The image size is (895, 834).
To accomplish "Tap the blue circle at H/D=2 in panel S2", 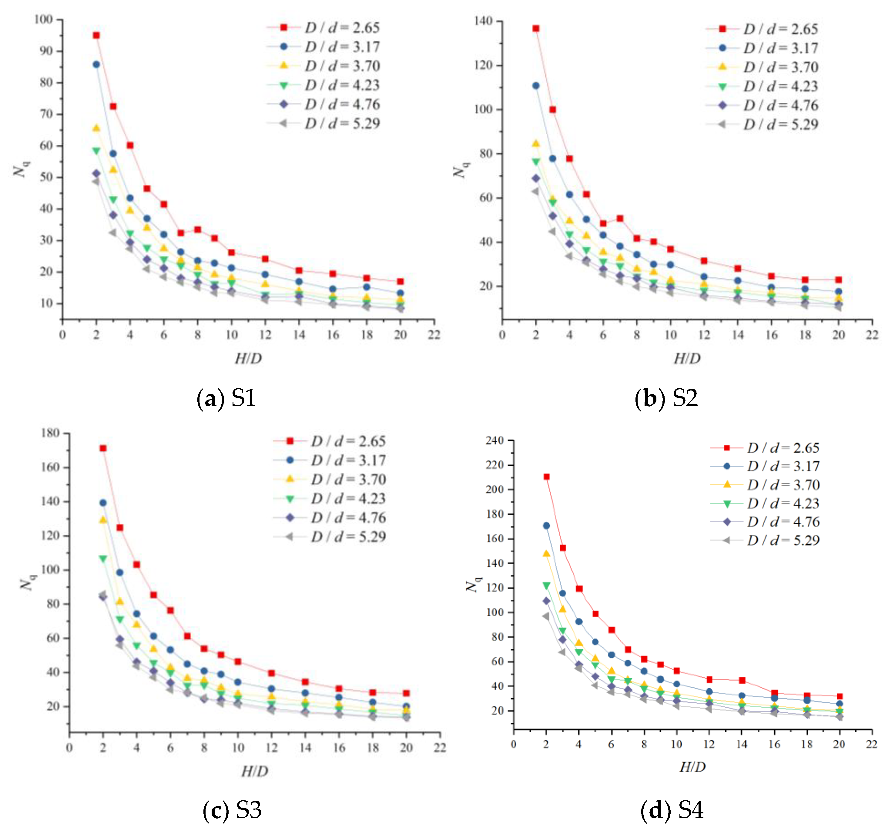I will (x=536, y=85).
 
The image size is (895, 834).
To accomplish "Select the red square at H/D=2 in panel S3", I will (x=103, y=448).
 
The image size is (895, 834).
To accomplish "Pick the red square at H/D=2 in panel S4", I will (x=546, y=477).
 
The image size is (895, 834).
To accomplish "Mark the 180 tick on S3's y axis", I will (x=50, y=433).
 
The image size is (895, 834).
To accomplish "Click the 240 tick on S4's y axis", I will (x=494, y=440).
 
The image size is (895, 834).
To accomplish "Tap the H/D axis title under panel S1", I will (x=248, y=359).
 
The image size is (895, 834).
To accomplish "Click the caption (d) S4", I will (x=671, y=811).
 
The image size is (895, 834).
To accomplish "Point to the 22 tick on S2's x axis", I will (x=872, y=335).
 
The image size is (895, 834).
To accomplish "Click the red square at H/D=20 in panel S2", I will (x=838, y=280).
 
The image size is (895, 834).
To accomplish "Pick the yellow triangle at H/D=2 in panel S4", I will (x=546, y=554).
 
